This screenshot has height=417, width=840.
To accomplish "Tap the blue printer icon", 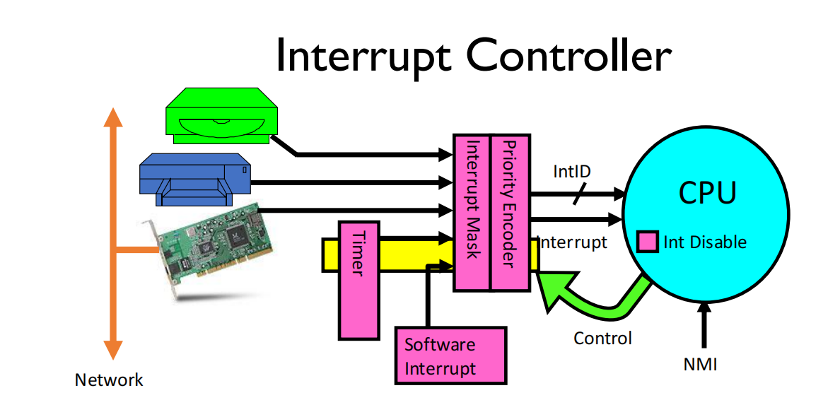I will pos(194,180).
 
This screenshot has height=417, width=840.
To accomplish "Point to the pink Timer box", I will pos(359,279).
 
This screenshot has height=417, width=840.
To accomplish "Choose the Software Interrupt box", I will pos(450,356).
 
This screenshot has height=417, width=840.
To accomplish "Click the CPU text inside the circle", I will pos(707,193).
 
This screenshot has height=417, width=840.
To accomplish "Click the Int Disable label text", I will pos(704,242).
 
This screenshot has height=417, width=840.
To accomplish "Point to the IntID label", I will pos(572,171).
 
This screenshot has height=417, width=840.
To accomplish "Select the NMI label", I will pos(700,364).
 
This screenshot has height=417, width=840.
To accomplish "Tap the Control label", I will pos(602,338).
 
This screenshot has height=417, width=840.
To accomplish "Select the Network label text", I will pos(109,380).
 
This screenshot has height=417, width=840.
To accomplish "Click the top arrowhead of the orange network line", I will pos(111,119).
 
